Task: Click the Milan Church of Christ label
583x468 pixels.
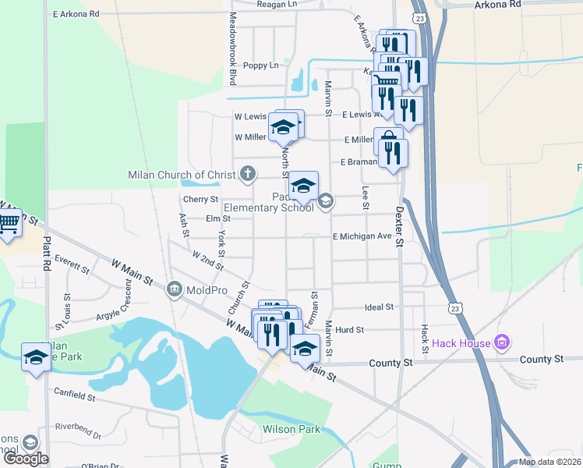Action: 182,175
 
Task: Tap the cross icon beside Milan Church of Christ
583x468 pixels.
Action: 248,173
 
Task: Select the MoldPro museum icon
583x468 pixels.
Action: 173,290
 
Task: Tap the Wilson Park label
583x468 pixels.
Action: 291,429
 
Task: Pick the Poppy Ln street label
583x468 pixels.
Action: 260,66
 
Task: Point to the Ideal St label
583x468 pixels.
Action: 379,307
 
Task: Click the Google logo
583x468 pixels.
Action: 25,459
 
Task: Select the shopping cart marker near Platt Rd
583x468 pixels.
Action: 9,225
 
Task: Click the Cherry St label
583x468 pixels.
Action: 190,200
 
